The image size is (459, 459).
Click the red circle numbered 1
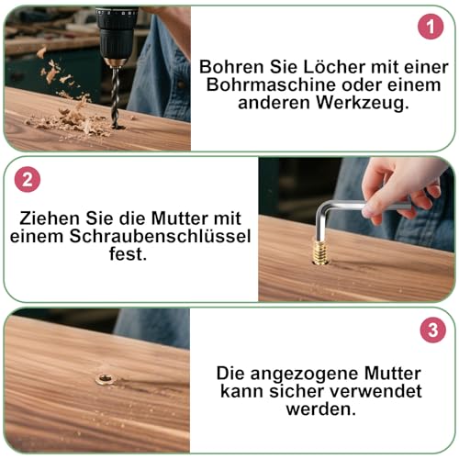point(431,27)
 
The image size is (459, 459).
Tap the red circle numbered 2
point(28,179)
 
